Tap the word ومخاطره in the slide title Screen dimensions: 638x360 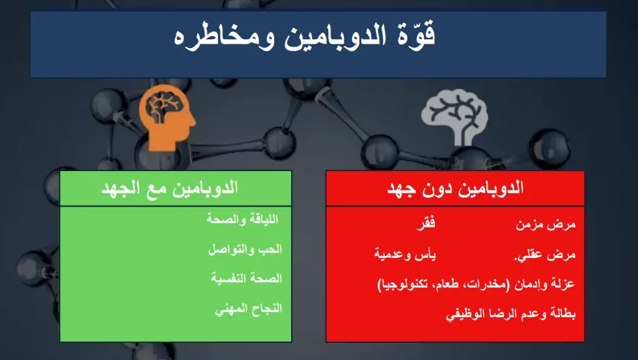pos(224,38)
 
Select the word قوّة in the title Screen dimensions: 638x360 pos(415,34)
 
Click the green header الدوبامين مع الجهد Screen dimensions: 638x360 pos(169,188)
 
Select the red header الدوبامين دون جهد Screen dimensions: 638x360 pos(455,188)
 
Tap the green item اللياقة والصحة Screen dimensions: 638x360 pos(242,219)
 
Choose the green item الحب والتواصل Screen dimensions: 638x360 pos(245,249)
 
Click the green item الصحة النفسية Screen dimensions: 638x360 pos(247,279)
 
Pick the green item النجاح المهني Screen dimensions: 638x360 pos(249,309)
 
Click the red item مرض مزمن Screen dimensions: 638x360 pos(545,224)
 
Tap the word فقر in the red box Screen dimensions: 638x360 pos(426,223)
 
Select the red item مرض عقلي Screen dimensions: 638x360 pos(545,255)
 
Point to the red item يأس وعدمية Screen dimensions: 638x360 pos(405,255)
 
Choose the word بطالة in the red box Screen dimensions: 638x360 pos(562,313)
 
